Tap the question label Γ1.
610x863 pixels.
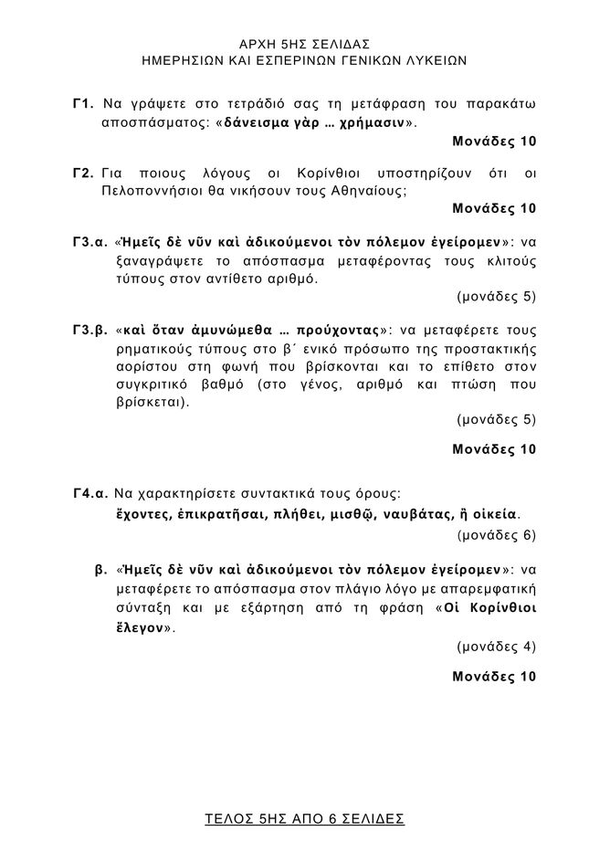click(84, 103)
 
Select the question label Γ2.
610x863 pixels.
click(84, 174)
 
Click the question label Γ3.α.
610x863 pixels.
click(90, 243)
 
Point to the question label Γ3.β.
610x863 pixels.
click(90, 330)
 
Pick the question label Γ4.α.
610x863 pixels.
click(90, 494)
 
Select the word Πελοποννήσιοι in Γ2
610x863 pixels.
click(149, 192)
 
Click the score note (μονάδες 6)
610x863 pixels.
click(496, 534)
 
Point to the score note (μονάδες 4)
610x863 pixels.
click(496, 647)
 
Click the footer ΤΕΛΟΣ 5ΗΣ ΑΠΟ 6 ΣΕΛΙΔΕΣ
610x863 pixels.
click(304, 818)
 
